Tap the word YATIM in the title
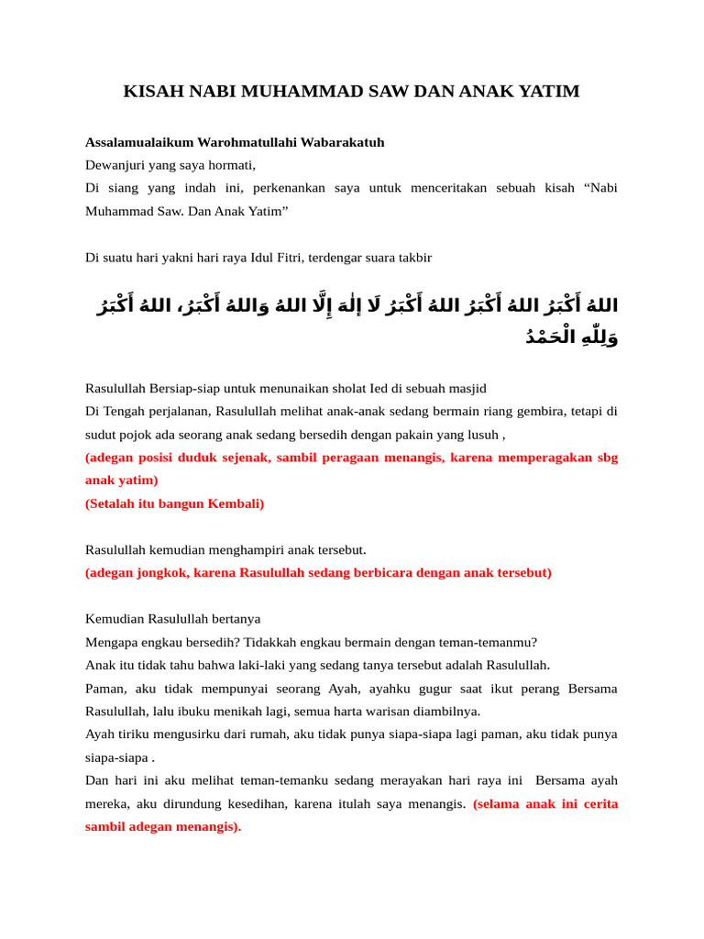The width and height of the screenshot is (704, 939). point(548,92)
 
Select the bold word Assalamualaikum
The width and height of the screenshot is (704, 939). point(136,142)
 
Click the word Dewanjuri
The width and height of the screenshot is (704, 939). point(115,165)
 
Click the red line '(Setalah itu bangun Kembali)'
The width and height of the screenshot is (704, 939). point(174,503)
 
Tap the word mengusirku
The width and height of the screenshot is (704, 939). point(169,734)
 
